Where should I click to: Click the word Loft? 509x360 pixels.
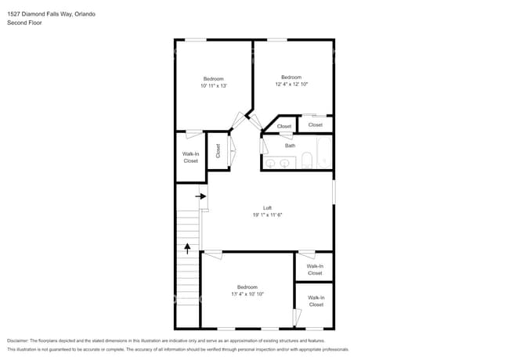267,207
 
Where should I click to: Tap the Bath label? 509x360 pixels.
290,146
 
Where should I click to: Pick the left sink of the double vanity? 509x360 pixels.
271,163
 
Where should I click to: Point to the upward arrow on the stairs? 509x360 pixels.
188,249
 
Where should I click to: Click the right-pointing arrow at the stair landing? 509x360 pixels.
201,196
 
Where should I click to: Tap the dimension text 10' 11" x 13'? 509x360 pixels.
214,86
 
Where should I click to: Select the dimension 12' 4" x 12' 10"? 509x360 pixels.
291,85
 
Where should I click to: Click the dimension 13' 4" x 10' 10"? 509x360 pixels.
247,294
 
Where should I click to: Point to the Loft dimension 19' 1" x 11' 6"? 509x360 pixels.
267,214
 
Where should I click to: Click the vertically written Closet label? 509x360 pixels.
218,149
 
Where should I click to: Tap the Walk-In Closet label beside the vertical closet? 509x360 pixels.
190,157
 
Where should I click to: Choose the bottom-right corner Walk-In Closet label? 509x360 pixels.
316,301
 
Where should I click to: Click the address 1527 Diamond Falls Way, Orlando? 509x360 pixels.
52,13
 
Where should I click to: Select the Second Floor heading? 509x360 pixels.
25,23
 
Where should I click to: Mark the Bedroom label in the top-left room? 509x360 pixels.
214,78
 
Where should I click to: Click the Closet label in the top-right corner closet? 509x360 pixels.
315,124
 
